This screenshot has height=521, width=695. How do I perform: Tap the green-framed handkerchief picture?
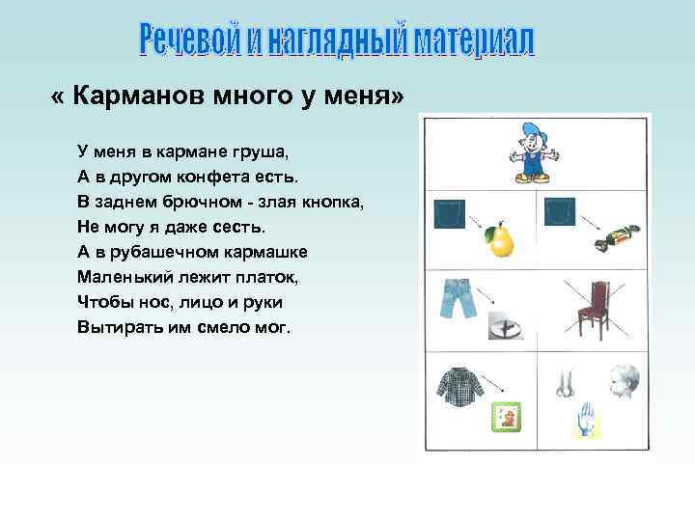(x=504, y=416)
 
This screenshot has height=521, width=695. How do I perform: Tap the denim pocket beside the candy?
(x=559, y=211)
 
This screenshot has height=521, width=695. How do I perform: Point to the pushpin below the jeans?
(x=504, y=327)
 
